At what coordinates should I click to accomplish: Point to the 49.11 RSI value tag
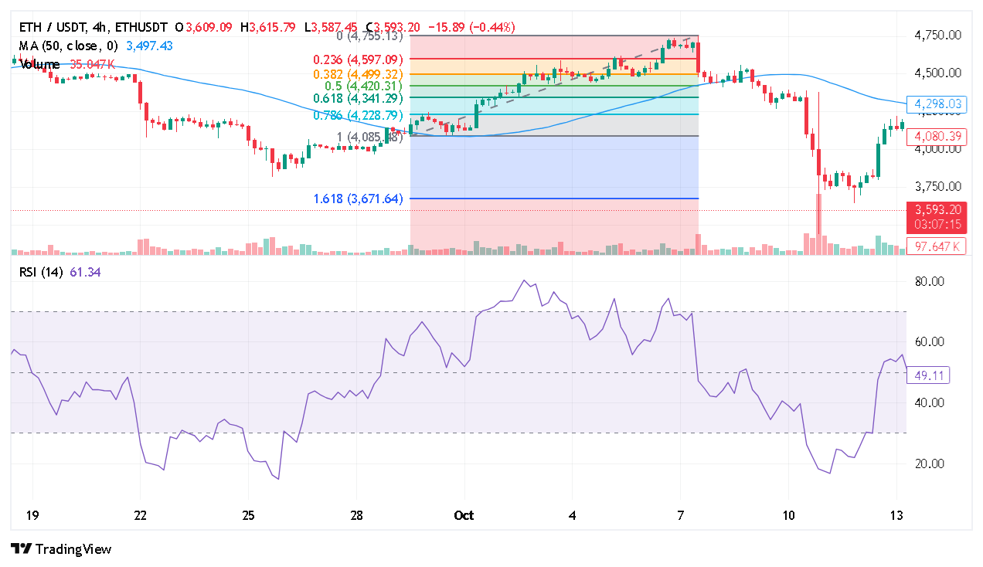931,375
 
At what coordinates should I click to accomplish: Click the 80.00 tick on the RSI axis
930,282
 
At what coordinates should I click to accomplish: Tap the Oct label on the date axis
464,515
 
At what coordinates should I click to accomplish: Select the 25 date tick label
248,515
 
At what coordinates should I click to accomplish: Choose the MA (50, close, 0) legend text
69,46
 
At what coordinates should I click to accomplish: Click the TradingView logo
62,549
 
